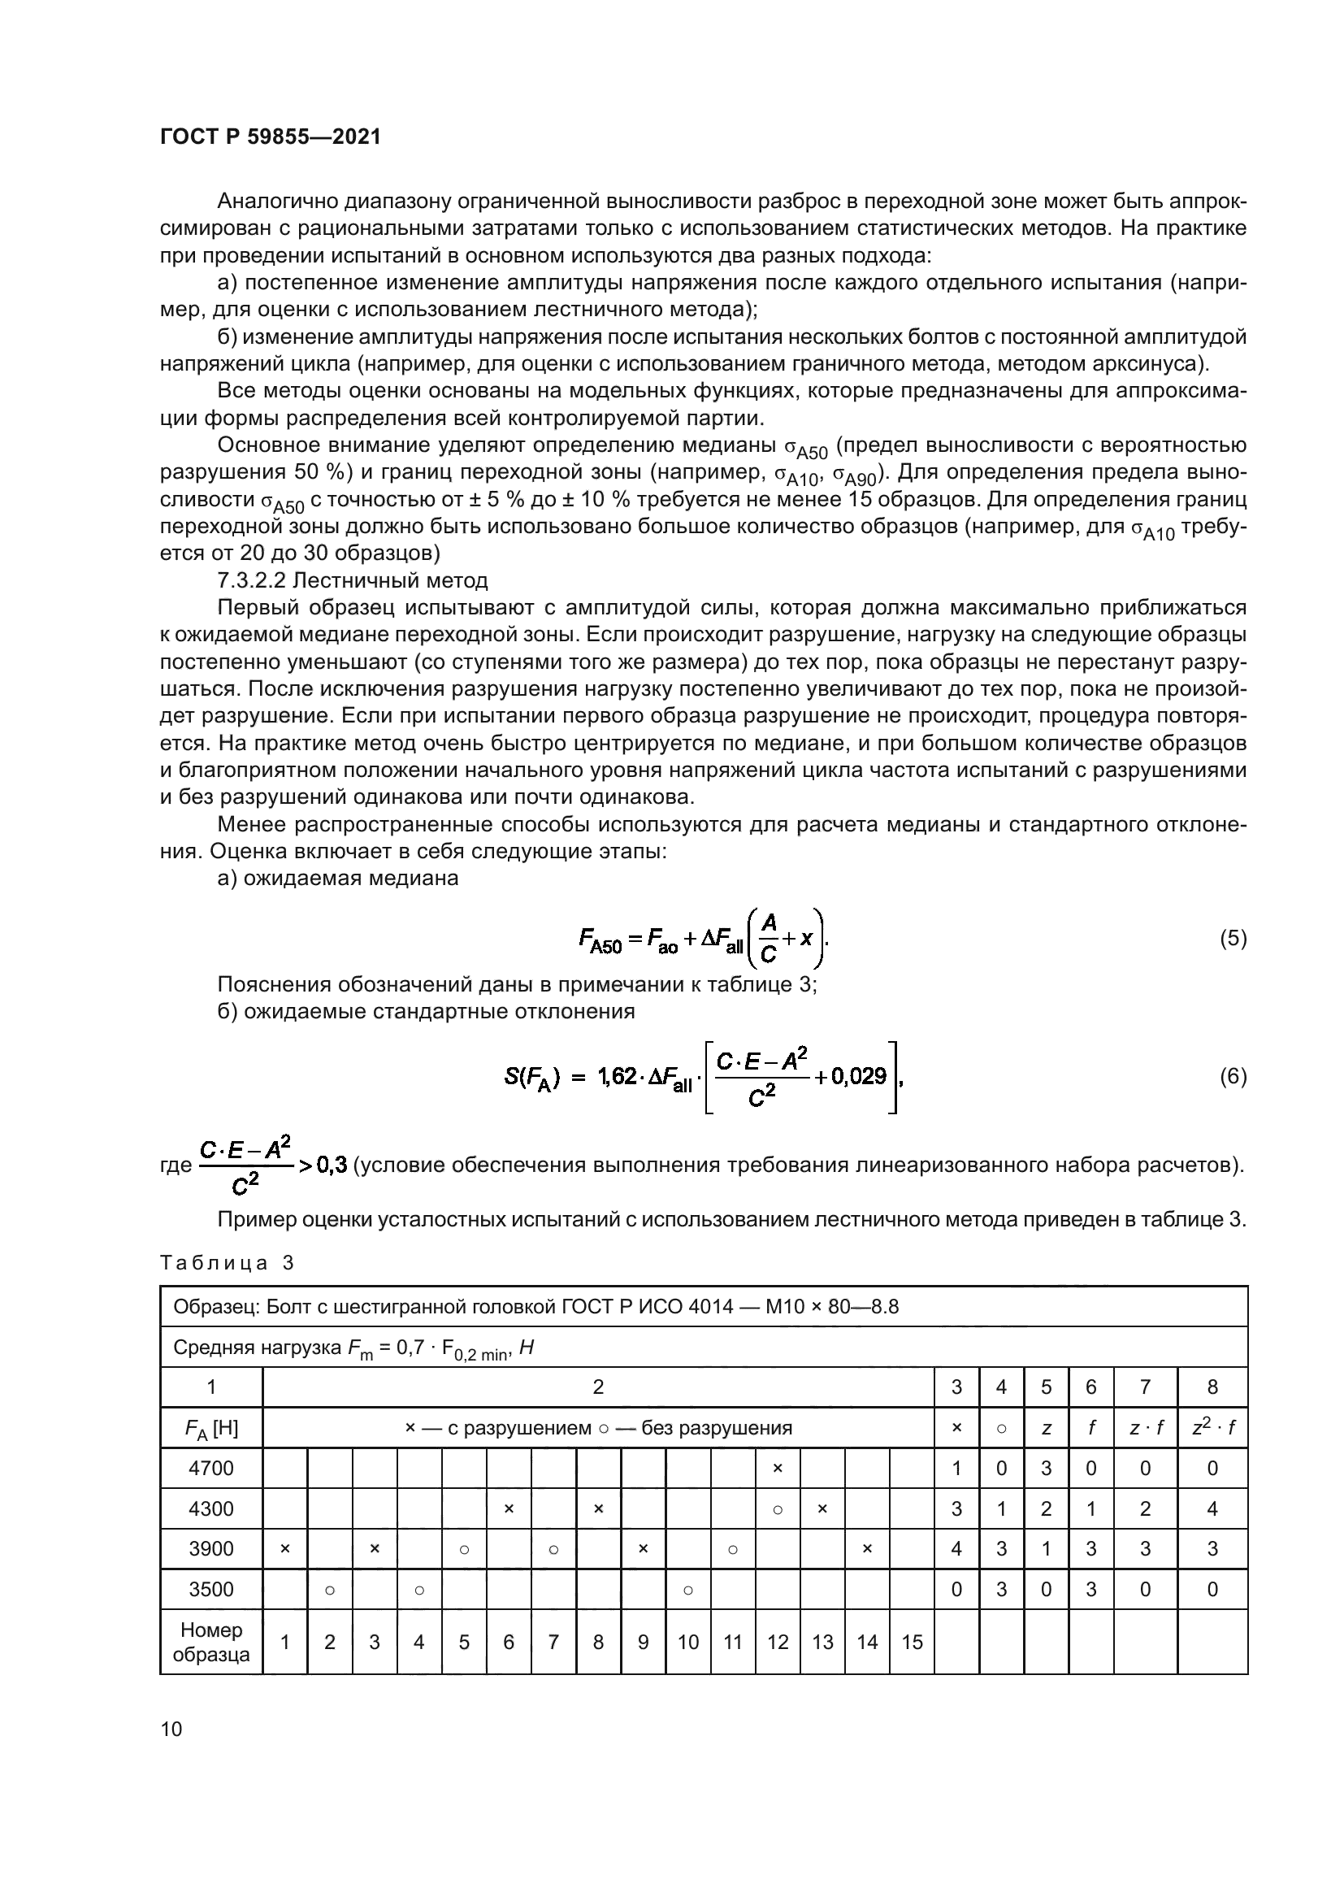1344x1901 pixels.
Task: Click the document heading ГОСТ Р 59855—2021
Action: (270, 137)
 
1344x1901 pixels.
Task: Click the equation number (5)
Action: (1233, 938)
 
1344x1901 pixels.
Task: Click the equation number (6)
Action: (1233, 1076)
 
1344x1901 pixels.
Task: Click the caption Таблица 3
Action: (227, 1263)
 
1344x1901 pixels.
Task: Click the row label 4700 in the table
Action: (211, 1468)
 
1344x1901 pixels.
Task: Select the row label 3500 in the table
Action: (211, 1589)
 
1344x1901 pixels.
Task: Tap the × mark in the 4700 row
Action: (777, 1468)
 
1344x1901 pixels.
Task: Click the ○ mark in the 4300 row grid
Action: (777, 1509)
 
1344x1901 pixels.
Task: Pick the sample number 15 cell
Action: (911, 1642)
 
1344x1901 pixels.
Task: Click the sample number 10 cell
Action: (687, 1642)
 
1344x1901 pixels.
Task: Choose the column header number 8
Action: (1212, 1387)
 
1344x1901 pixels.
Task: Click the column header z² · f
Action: (1212, 1427)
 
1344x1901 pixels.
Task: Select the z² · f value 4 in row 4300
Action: (1212, 1508)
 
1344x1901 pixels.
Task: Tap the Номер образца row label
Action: (211, 1642)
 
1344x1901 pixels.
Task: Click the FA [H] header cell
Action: (211, 1428)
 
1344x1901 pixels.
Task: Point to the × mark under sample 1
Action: (284, 1548)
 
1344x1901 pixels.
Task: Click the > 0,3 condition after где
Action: (322, 1165)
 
